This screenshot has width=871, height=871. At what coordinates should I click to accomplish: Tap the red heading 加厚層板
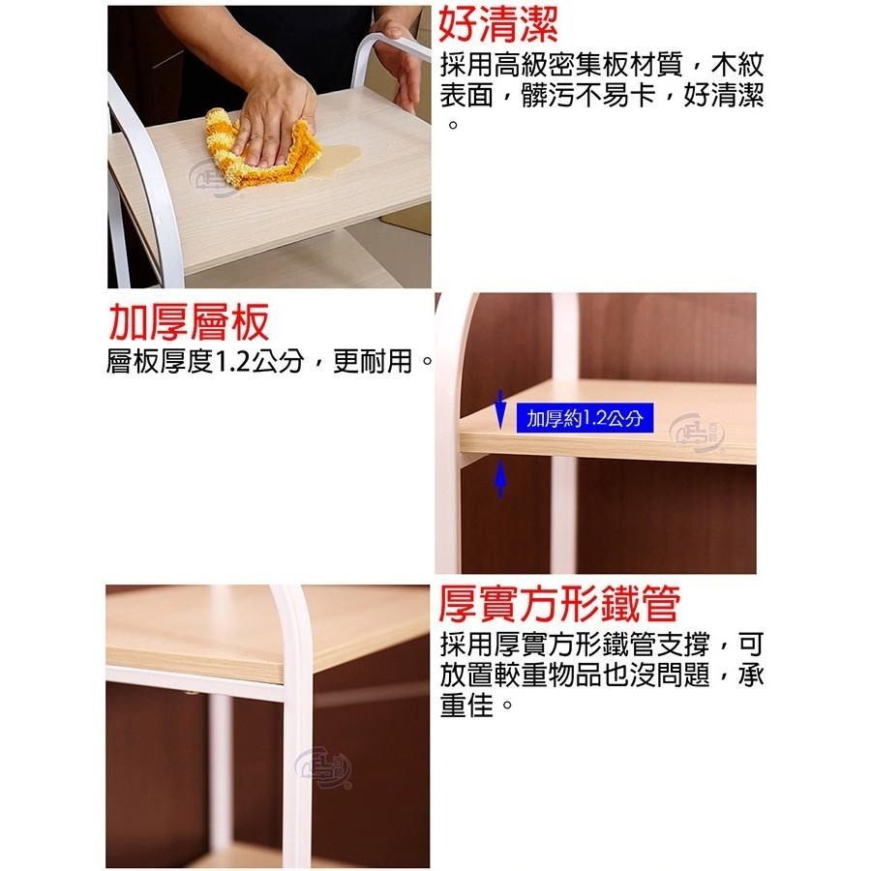(188, 323)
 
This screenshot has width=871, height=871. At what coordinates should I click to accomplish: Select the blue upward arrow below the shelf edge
(500, 478)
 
